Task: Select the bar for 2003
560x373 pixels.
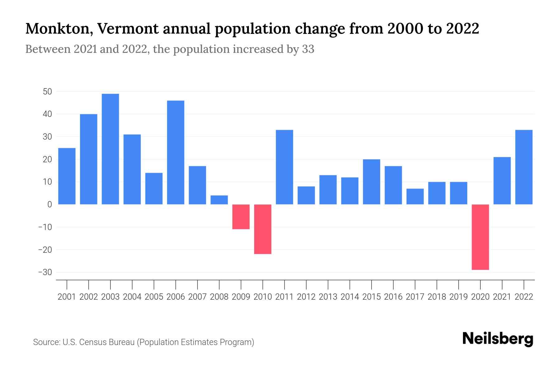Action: pyautogui.click(x=110, y=149)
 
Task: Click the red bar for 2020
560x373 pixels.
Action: pyautogui.click(x=480, y=237)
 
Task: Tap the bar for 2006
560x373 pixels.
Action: pyautogui.click(x=176, y=152)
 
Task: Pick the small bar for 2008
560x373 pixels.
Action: pyautogui.click(x=219, y=200)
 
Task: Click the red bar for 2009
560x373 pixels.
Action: pyautogui.click(x=241, y=217)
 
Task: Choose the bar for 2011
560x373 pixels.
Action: pyautogui.click(x=284, y=167)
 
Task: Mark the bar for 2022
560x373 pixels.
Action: pyautogui.click(x=524, y=167)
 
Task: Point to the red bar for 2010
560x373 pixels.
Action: pyautogui.click(x=263, y=229)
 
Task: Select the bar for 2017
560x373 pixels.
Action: pyautogui.click(x=415, y=196)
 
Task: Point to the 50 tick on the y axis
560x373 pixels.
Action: pyautogui.click(x=48, y=92)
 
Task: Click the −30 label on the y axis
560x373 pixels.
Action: pyautogui.click(x=45, y=272)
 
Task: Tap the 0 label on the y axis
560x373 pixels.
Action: pyautogui.click(x=50, y=205)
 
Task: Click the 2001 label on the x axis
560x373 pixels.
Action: pyautogui.click(x=67, y=297)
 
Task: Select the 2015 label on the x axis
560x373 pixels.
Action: pyautogui.click(x=371, y=297)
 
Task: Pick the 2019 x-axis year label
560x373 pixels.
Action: pyautogui.click(x=459, y=297)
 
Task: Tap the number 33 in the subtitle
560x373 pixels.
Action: pyautogui.click(x=308, y=49)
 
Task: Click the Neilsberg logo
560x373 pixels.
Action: pyautogui.click(x=498, y=339)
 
